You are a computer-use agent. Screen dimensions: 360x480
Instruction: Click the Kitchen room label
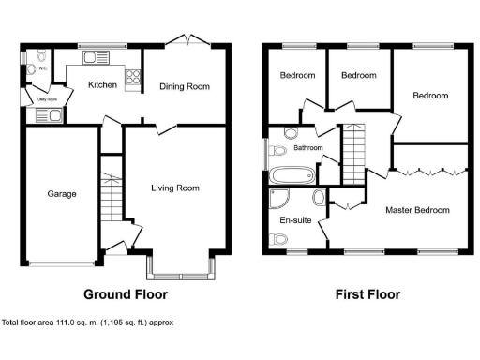click(x=102, y=85)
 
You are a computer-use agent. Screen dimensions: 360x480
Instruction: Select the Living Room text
click(x=175, y=187)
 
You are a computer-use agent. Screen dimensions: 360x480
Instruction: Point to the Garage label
click(x=62, y=194)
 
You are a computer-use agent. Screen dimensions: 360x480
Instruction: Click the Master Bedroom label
click(x=417, y=210)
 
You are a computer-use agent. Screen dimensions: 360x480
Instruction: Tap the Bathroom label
click(x=307, y=148)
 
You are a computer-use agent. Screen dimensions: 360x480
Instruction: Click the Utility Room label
click(x=48, y=97)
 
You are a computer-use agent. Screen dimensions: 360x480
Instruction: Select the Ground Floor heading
click(x=126, y=294)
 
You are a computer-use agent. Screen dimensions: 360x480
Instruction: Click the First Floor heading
click(x=367, y=294)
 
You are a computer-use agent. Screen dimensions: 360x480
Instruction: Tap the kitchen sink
click(x=96, y=58)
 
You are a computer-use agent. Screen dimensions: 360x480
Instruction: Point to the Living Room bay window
click(x=180, y=273)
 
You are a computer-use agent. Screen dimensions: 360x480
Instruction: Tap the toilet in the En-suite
click(x=277, y=240)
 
